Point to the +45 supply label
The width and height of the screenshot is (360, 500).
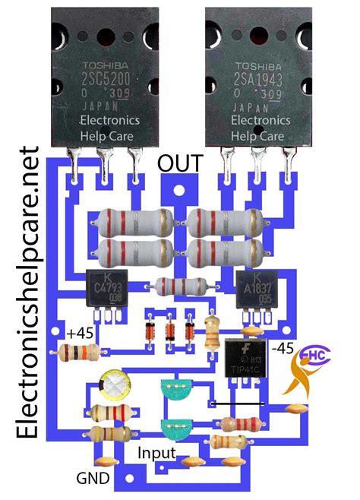tap(81, 332)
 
